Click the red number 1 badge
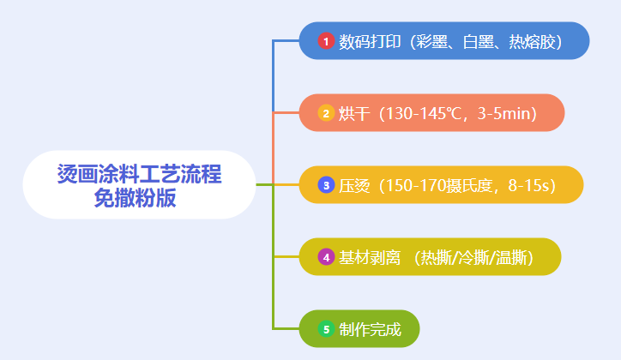326,41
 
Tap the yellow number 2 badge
326,113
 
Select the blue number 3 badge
326,185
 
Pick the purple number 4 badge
326,257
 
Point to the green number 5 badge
326,329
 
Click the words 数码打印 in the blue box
370,41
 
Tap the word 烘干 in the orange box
354,113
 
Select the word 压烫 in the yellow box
354,185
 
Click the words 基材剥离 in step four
370,257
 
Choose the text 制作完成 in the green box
370,329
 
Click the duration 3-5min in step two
503,113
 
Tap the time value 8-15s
528,185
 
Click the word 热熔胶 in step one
532,41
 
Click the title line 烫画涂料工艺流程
140,174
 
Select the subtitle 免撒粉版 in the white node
135,198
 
